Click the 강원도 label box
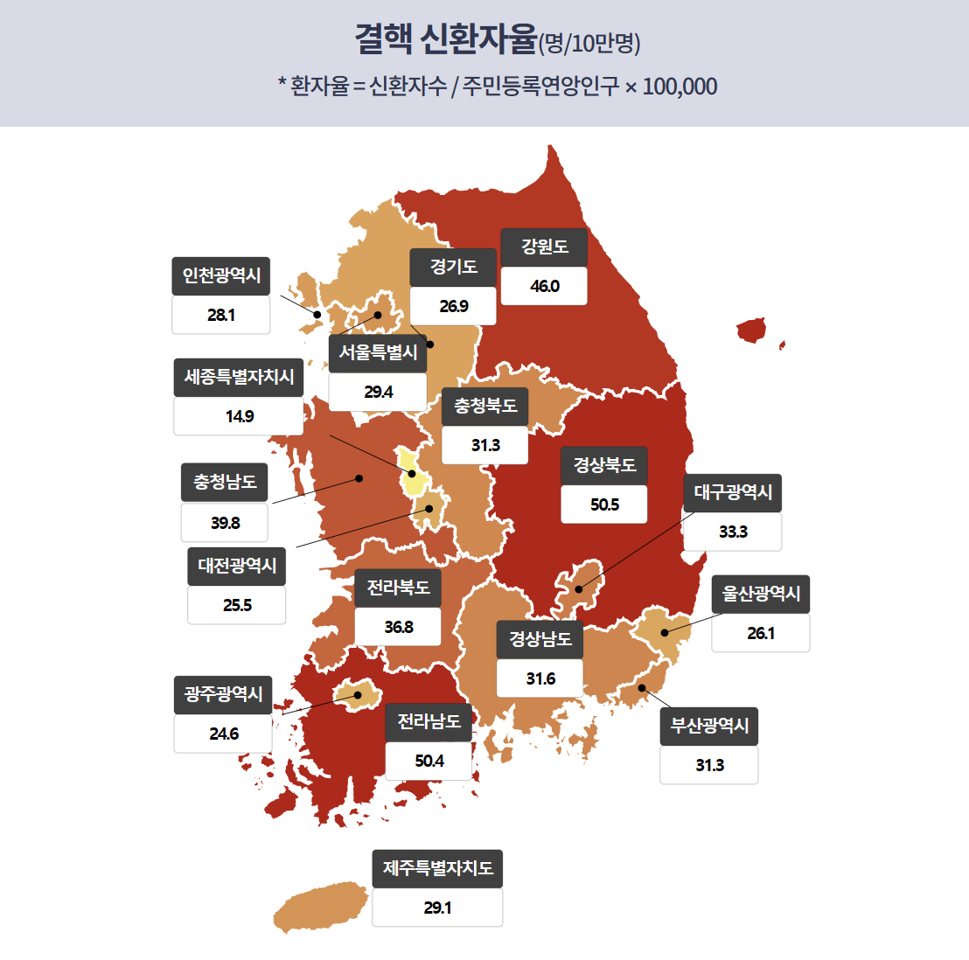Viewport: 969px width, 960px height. click(544, 247)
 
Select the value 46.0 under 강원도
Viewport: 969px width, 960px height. click(544, 286)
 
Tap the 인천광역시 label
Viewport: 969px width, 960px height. click(221, 275)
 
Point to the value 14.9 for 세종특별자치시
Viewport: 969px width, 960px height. click(239, 416)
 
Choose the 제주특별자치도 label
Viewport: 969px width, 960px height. click(437, 868)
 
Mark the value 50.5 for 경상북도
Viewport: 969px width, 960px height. click(604, 504)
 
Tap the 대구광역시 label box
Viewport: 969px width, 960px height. click(733, 492)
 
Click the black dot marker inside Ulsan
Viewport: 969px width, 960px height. click(665, 633)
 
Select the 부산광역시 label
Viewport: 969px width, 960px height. click(709, 726)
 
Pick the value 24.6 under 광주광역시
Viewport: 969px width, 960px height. click(223, 734)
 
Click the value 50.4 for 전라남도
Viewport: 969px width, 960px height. click(429, 761)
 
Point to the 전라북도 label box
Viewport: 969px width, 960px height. click(398, 588)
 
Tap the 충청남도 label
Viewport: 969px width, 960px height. click(225, 482)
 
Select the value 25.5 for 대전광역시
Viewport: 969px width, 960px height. click(237, 605)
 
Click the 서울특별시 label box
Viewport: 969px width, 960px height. click(378, 352)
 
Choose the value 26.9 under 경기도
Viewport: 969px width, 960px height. click(453, 306)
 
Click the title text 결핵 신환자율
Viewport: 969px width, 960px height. click(445, 39)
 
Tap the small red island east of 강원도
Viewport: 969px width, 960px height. click(752, 330)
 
